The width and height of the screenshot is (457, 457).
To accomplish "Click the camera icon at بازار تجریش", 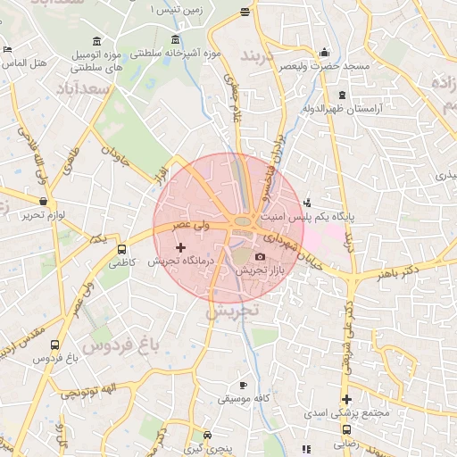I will tap(260, 257).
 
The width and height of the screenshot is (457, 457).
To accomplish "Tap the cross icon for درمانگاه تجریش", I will tap(180, 247).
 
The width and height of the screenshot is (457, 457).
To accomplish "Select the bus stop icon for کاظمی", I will tap(122, 250).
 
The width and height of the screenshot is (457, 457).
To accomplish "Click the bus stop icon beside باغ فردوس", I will tap(56, 345).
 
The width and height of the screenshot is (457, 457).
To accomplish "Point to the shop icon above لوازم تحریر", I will tap(44, 202).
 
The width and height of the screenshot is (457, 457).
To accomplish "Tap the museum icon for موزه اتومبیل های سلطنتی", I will tap(96, 41).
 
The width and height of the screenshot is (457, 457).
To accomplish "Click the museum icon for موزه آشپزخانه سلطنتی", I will tap(174, 41).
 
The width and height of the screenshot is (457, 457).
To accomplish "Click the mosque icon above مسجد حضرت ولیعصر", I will tap(323, 52).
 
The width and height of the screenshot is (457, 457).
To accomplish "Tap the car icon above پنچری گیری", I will tap(208, 436).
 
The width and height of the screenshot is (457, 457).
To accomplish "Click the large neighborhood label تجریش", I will tap(231, 312).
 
